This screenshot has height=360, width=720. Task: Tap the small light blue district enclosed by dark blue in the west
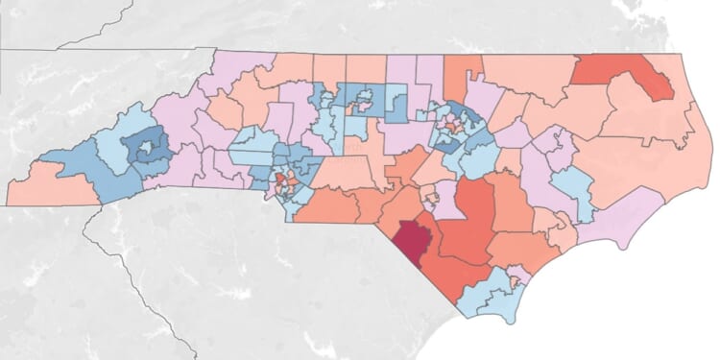click(x=147, y=149)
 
